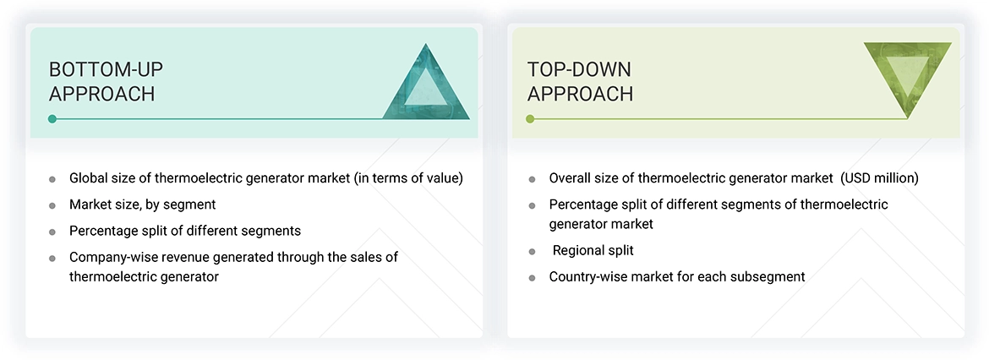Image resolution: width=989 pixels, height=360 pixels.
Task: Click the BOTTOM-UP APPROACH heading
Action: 101,81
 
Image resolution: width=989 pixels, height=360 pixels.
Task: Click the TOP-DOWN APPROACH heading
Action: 580,81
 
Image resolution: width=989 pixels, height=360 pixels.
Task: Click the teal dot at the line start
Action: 52,119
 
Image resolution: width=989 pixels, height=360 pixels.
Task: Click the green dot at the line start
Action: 530,119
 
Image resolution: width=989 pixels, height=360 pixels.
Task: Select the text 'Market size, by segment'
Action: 142,205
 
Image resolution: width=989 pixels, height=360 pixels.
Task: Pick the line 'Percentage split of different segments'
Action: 184,231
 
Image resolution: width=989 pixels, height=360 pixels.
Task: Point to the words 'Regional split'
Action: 593,250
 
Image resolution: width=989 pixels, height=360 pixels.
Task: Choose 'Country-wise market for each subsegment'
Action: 676,276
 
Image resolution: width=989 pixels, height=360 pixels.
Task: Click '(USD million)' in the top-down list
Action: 879,178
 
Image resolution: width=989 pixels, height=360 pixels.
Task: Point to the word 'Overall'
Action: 571,178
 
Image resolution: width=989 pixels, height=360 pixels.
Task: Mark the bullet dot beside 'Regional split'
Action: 532,252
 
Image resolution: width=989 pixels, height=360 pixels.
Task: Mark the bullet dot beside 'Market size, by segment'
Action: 52,205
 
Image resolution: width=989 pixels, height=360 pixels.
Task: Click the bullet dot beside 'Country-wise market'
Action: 532,277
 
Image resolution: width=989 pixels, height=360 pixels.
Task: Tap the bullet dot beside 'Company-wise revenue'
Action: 52,258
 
